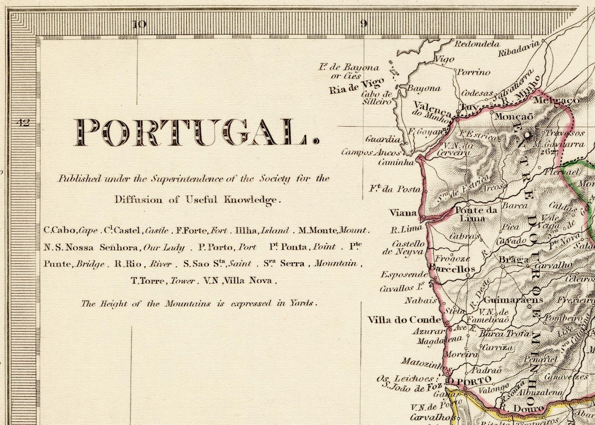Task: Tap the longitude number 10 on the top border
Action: [139, 23]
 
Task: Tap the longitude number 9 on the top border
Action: [364, 23]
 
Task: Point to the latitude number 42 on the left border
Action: [24, 123]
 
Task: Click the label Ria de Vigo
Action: [356, 85]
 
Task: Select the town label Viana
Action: [403, 212]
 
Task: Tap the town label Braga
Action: [510, 260]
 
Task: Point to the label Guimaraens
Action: [513, 300]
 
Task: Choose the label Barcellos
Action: [452, 269]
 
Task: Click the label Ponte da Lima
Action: [476, 214]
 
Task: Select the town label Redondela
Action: [477, 44]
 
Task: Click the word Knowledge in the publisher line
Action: [252, 199]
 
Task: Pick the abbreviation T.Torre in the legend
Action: [149, 281]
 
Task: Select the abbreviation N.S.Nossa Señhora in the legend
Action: [91, 247]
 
